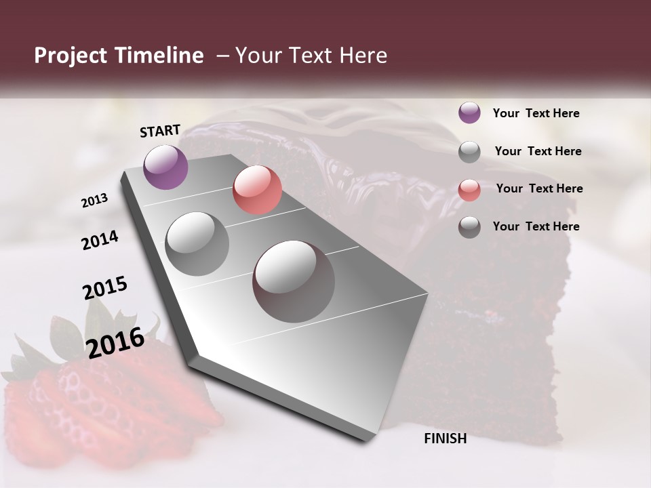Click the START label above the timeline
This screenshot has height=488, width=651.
160,131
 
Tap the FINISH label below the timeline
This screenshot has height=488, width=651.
445,439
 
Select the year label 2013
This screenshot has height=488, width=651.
94,201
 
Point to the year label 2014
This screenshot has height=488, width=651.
100,240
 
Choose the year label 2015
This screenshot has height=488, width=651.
105,288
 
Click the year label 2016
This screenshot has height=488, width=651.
115,342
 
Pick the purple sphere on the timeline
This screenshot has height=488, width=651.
165,167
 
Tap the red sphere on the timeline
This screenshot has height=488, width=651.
257,190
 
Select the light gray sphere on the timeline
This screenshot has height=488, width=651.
197,244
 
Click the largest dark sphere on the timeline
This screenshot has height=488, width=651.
294,281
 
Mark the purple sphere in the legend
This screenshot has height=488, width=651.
469,113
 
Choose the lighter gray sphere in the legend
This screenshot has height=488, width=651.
469,152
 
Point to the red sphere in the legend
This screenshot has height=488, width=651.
469,190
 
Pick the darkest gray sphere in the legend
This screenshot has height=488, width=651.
469,227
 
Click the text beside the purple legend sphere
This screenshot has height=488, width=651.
536,113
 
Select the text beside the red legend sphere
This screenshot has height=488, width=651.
539,188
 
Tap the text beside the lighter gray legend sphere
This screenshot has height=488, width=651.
538,151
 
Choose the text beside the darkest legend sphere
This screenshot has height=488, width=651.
536,226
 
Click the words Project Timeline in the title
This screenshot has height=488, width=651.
119,56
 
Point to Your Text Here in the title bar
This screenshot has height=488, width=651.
311,56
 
